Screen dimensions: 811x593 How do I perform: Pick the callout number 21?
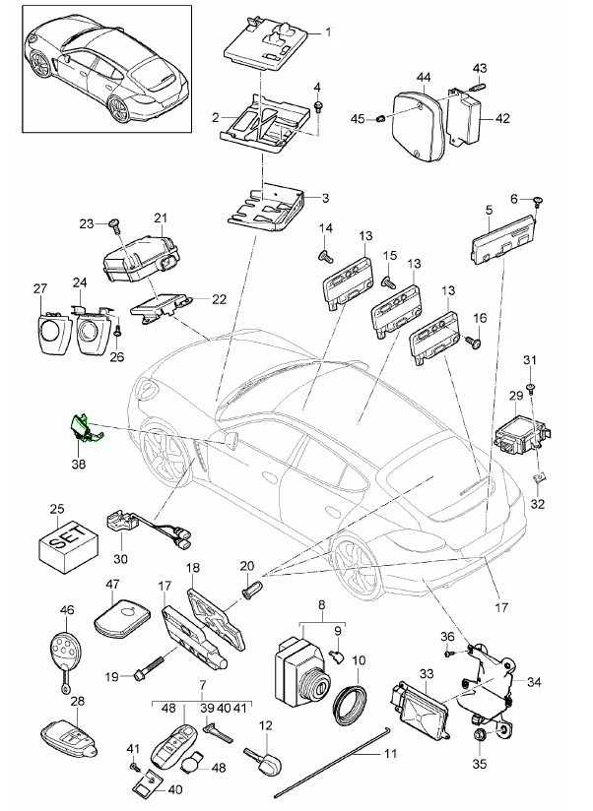pyautogui.click(x=160, y=218)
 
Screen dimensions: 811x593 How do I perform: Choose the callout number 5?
pyautogui.click(x=490, y=210)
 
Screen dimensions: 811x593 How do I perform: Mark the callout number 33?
pyautogui.click(x=427, y=673)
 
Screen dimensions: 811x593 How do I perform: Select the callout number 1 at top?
pyautogui.click(x=329, y=31)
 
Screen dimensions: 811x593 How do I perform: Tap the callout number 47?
pyautogui.click(x=111, y=585)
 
